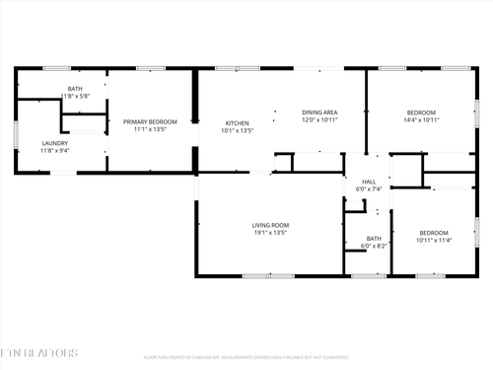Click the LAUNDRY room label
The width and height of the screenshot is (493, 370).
27,143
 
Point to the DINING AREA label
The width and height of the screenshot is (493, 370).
319,112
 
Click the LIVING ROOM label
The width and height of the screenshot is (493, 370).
269,226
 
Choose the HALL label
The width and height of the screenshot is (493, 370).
369,182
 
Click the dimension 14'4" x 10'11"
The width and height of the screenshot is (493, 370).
421,120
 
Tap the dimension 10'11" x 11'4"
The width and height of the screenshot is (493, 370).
433,240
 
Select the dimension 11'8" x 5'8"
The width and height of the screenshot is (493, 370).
75,97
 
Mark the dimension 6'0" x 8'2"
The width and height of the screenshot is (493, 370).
374,246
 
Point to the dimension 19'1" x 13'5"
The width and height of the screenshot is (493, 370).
269,234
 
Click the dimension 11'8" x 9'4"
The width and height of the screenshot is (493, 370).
27,151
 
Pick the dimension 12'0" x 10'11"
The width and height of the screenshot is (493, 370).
319,120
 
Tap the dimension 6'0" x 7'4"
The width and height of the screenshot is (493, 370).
369,189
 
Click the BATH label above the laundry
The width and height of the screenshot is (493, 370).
75,89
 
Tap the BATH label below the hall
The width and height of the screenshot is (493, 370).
374,238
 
